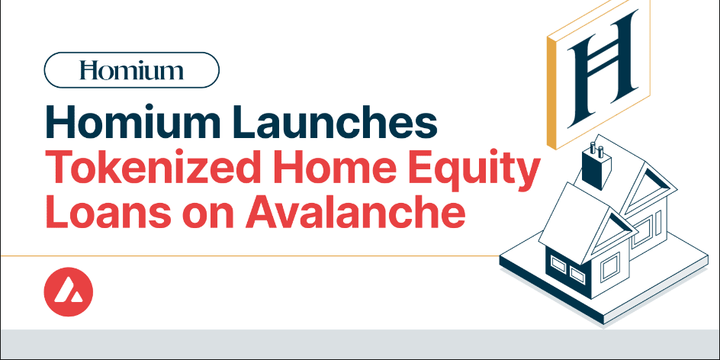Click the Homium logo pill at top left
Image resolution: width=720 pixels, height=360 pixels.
[132, 71]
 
